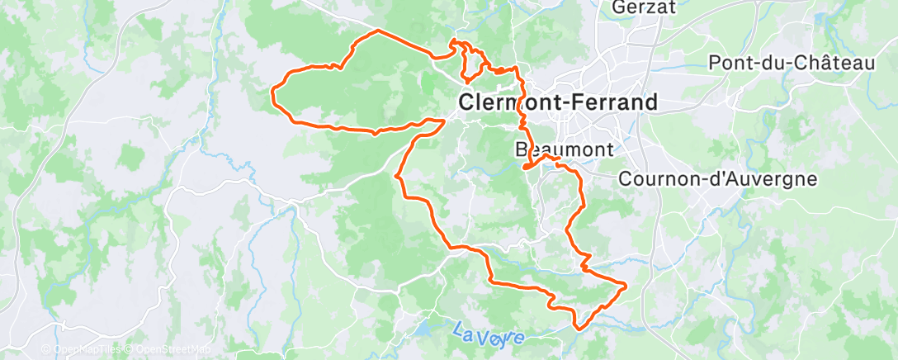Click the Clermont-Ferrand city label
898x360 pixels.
(558, 103)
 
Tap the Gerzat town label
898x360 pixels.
(645, 9)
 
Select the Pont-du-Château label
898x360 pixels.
(792, 63)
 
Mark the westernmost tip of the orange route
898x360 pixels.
(273, 92)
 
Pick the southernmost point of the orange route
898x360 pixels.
(578, 329)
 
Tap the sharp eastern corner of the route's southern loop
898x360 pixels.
(625, 286)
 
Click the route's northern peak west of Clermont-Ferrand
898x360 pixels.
(379, 31)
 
